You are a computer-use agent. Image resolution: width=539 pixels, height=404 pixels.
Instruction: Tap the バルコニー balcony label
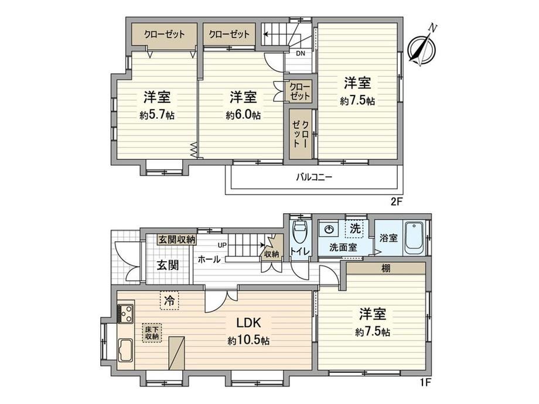point(314,177)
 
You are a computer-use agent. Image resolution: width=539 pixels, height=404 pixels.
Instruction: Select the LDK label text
point(248,323)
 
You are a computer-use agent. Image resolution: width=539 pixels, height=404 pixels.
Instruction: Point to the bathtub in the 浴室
point(414,238)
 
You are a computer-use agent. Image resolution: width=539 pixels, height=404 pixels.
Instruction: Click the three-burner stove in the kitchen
point(125,314)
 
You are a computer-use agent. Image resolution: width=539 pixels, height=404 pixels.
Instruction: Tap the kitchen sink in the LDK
point(125,350)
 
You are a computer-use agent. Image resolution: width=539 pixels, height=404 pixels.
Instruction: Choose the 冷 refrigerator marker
point(169,301)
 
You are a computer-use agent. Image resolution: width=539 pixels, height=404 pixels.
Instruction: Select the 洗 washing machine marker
point(354,228)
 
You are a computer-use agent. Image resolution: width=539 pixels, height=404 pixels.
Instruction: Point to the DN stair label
point(301,53)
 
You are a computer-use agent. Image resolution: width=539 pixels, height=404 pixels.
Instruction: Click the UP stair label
point(222,245)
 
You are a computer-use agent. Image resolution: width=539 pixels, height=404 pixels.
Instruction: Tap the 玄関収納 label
point(177,239)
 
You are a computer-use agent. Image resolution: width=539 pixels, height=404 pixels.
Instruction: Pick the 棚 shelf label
point(386,268)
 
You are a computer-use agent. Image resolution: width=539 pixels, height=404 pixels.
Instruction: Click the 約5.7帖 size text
point(157,115)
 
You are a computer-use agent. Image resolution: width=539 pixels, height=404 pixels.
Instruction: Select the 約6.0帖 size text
point(243,115)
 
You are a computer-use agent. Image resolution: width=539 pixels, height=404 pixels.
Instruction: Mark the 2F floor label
point(397,201)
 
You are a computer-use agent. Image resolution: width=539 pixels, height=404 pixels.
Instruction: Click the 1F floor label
point(425,382)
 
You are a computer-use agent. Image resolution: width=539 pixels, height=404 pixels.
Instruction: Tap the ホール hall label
point(209,260)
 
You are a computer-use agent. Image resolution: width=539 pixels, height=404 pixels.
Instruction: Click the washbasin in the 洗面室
point(329,229)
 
